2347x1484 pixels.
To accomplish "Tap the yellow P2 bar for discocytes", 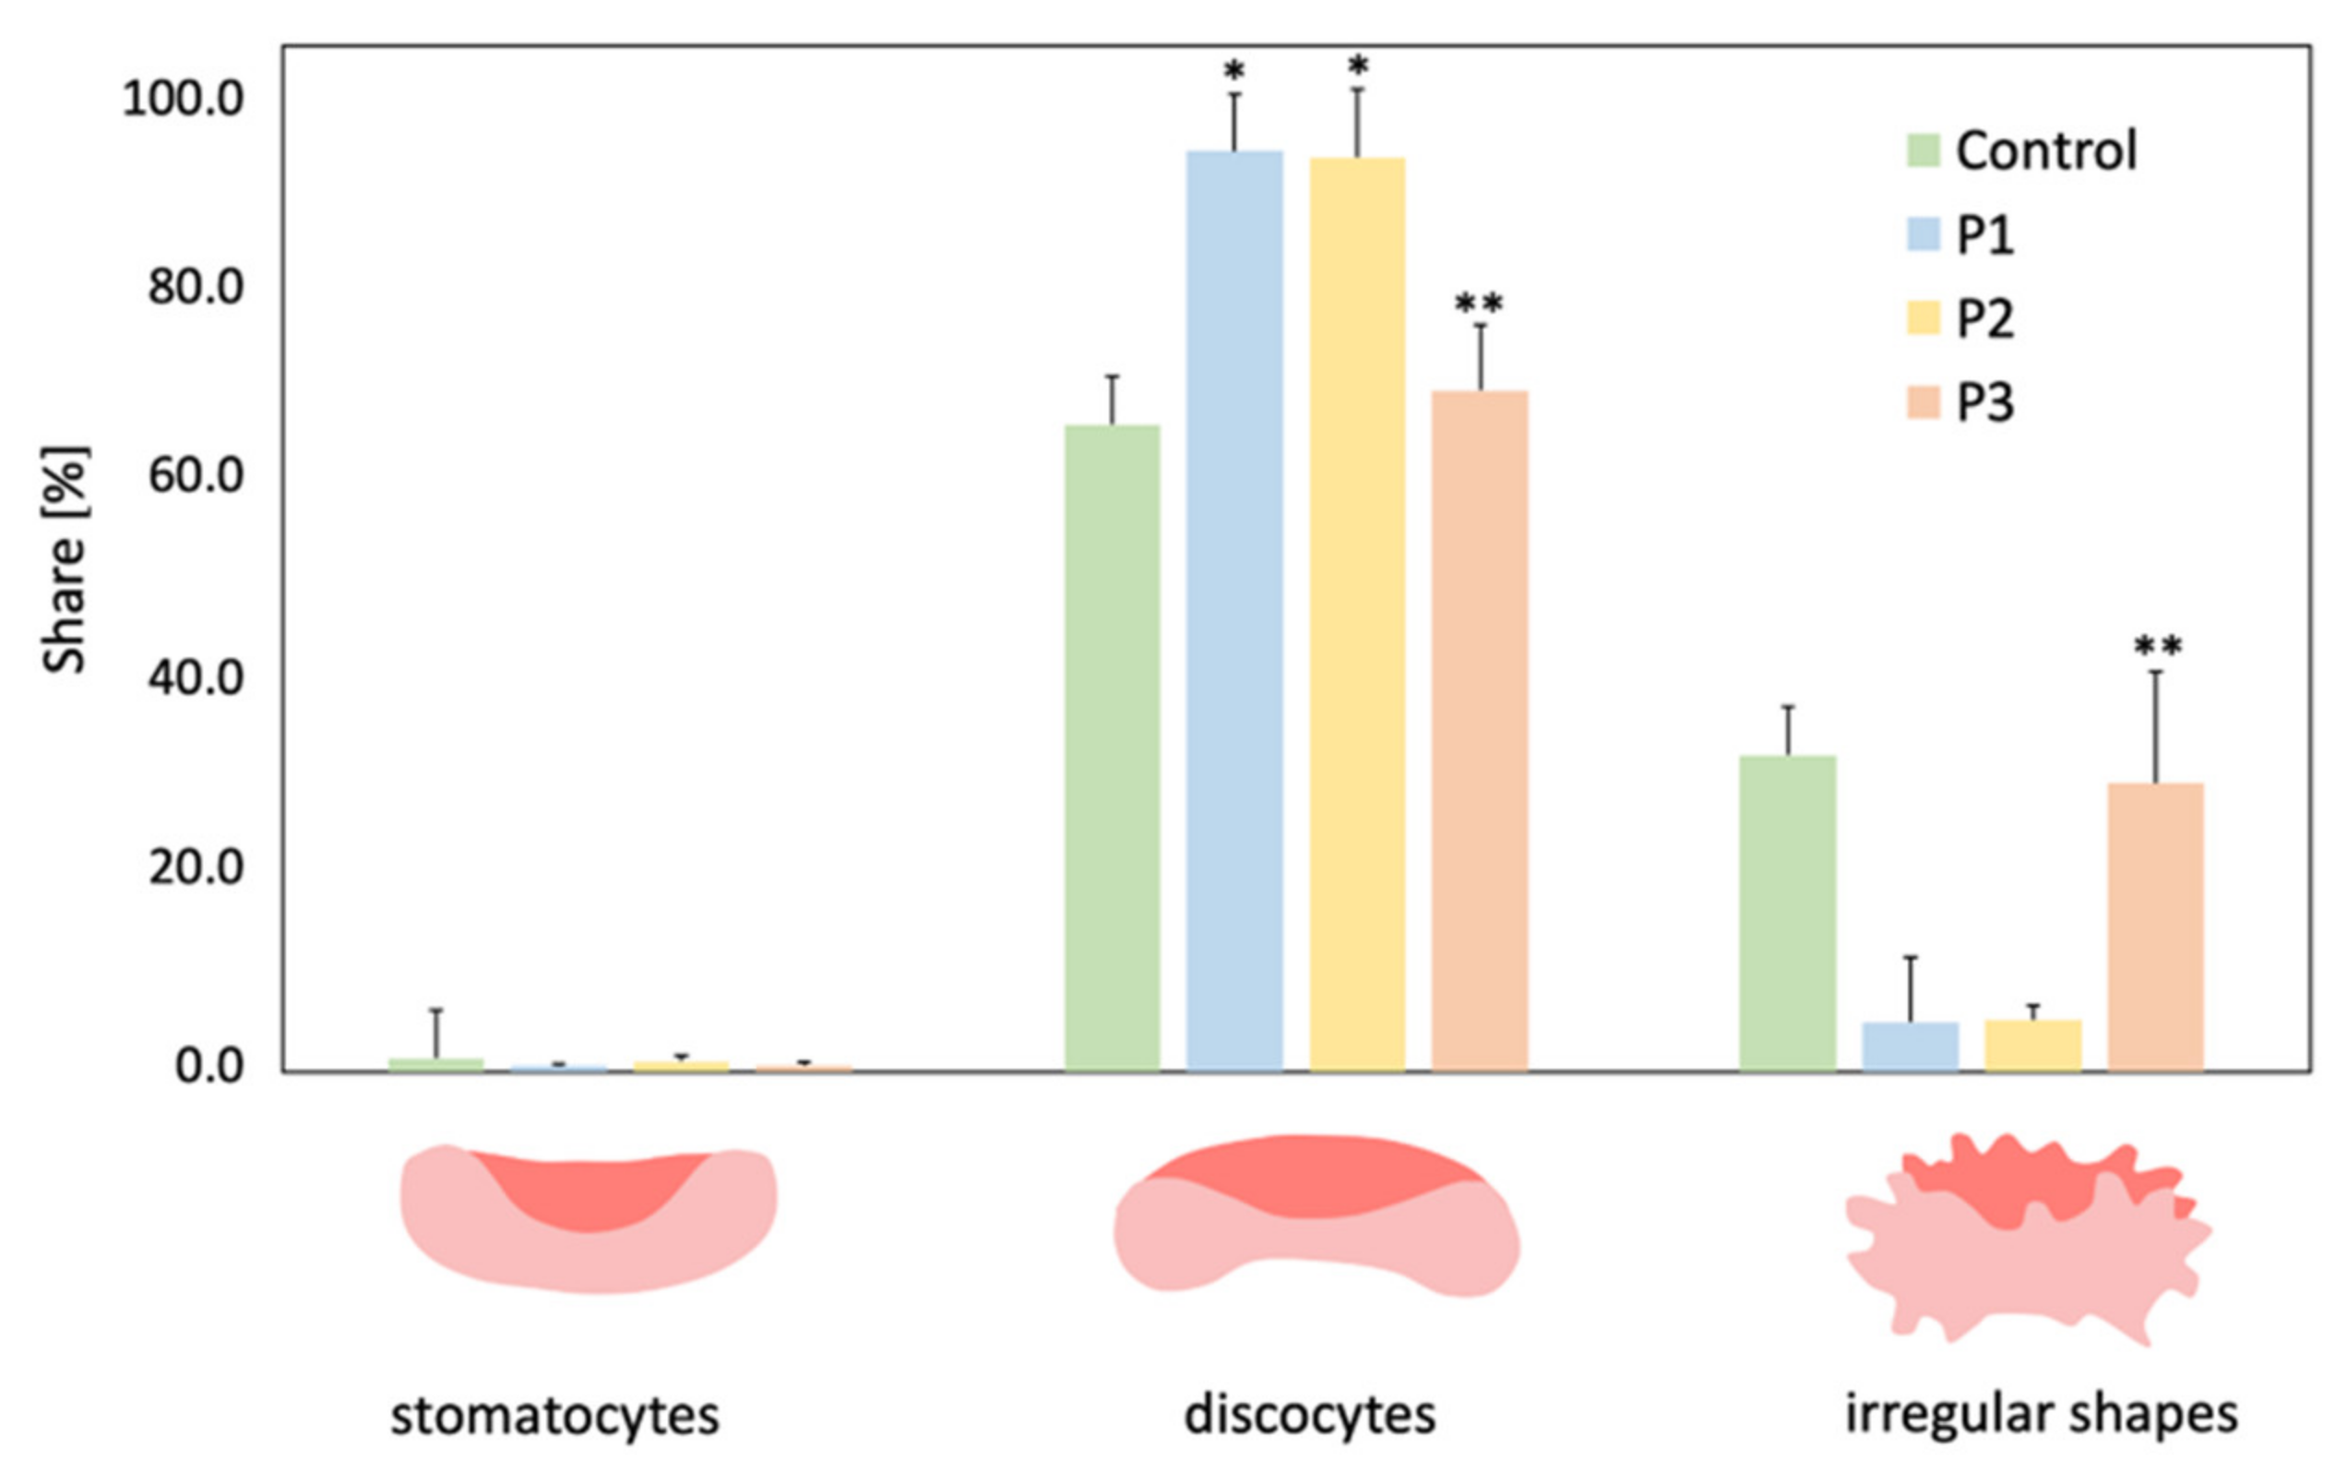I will pyautogui.click(x=1357, y=614).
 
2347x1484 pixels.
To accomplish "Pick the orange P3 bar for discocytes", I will pyautogui.click(x=1479, y=730).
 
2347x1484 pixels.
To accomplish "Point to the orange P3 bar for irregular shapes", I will pyautogui.click(x=2155, y=927).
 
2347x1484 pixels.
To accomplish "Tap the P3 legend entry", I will pyautogui.click(x=1984, y=402).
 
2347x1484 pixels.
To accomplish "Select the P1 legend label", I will pyautogui.click(x=1984, y=235).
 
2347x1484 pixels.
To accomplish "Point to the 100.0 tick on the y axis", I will pyautogui.click(x=183, y=100).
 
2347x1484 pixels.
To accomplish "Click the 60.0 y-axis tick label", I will pyautogui.click(x=195, y=477).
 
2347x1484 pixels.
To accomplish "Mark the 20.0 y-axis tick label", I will pyautogui.click(x=195, y=868).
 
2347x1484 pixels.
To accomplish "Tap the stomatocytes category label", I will pyautogui.click(x=554, y=1416).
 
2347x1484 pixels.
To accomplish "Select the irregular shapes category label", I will pyautogui.click(x=2042, y=1414).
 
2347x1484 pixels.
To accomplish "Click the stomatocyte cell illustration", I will pyautogui.click(x=589, y=1218).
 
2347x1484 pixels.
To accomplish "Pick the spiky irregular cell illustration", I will pyautogui.click(x=2027, y=1239).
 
